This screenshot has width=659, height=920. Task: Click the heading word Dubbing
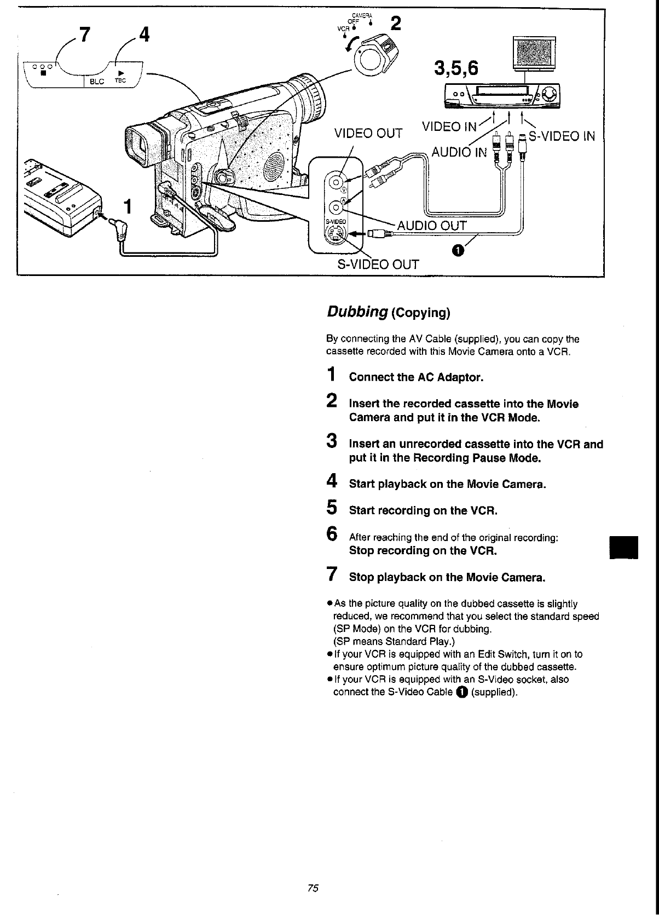pyautogui.click(x=357, y=312)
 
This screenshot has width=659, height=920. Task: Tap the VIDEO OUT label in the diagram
pyautogui.click(x=368, y=133)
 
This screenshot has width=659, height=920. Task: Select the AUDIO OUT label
pyautogui.click(x=431, y=226)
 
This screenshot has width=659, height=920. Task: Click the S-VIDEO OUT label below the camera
pyautogui.click(x=378, y=264)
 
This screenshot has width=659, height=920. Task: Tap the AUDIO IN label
pyautogui.click(x=459, y=152)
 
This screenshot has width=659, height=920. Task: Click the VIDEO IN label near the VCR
pyautogui.click(x=449, y=127)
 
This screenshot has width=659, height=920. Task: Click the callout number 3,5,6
pyautogui.click(x=455, y=68)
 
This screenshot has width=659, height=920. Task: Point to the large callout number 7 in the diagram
pyautogui.click(x=83, y=34)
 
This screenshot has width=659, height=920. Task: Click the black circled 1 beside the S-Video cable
pyautogui.click(x=458, y=250)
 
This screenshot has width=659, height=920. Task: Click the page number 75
pyautogui.click(x=313, y=888)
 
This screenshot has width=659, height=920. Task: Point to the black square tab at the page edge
pyautogui.click(x=625, y=546)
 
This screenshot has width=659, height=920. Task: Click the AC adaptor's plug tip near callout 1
pyautogui.click(x=118, y=227)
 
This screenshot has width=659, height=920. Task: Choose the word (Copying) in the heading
pyautogui.click(x=421, y=313)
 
